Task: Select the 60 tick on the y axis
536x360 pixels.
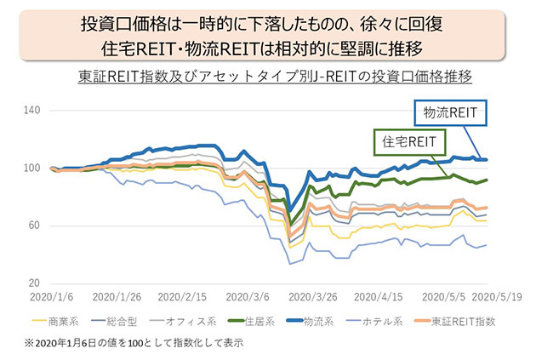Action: pyautogui.click(x=34, y=226)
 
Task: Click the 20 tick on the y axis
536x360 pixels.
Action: pyautogui.click(x=34, y=283)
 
